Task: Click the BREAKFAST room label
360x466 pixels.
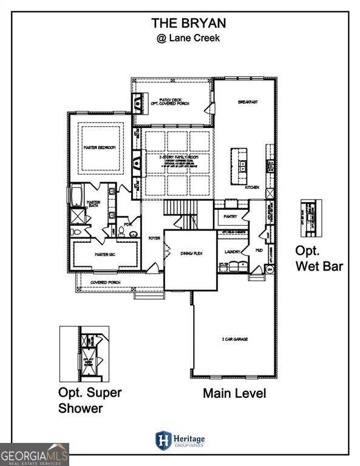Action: coord(248,102)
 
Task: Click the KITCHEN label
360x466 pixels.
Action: coord(251,187)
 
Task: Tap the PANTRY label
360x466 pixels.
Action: coord(230,216)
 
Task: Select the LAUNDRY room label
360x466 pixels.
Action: coord(233,251)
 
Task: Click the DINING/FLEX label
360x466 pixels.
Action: coord(189,253)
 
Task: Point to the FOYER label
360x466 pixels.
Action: coord(154,238)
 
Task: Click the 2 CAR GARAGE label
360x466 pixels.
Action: coord(234,340)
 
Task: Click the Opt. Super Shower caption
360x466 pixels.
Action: coord(89,400)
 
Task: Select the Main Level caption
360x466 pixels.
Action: coord(234,393)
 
